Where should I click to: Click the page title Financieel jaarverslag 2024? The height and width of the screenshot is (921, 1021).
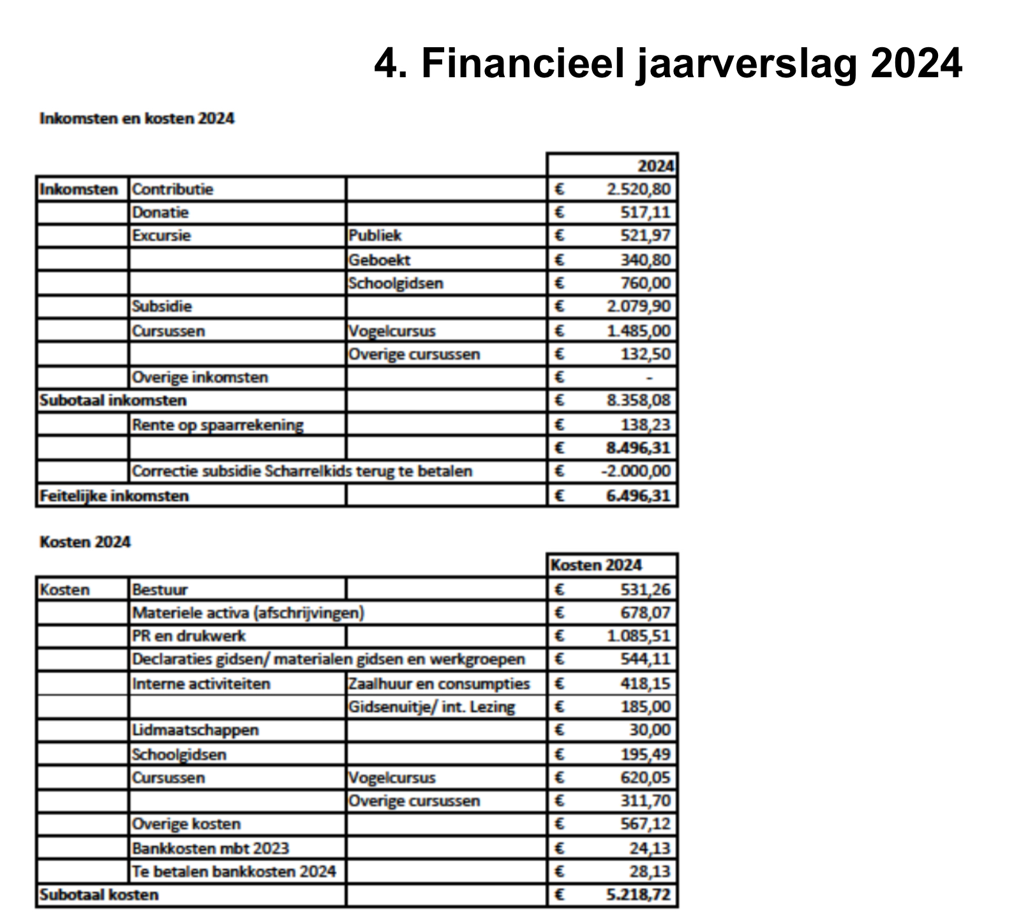coord(667,63)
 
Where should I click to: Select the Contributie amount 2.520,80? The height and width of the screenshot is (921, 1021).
coord(638,189)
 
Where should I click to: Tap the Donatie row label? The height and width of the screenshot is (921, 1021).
coord(160,212)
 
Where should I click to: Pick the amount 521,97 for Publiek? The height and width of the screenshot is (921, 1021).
coord(645,235)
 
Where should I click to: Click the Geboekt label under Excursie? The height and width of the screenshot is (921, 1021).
coord(379,260)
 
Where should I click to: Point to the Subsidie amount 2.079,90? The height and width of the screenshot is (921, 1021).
coord(638,306)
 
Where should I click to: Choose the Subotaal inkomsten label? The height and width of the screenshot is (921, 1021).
coord(113,400)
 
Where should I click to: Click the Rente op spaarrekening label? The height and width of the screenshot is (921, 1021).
coord(217,424)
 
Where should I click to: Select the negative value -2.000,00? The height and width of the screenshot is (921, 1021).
coord(636,471)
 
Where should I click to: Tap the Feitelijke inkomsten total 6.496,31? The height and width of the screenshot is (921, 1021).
coord(638,496)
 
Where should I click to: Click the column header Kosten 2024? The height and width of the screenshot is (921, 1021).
coord(596,565)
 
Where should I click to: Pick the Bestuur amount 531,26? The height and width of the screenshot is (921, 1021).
coord(645,589)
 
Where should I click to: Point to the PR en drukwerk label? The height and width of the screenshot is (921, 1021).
coord(188,636)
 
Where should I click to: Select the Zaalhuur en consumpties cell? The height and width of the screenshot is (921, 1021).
coord(438,684)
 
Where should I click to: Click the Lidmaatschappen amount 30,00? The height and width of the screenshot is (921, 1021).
coord(650,730)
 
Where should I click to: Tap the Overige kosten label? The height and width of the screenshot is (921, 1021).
coord(186,824)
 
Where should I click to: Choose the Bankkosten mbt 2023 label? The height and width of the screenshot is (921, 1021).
coord(210,848)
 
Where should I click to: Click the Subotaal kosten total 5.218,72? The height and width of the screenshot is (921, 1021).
coord(638,894)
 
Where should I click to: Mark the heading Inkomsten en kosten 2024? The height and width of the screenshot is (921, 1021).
coord(137,118)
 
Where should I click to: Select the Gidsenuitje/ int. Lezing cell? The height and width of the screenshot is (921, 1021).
coord(431,707)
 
